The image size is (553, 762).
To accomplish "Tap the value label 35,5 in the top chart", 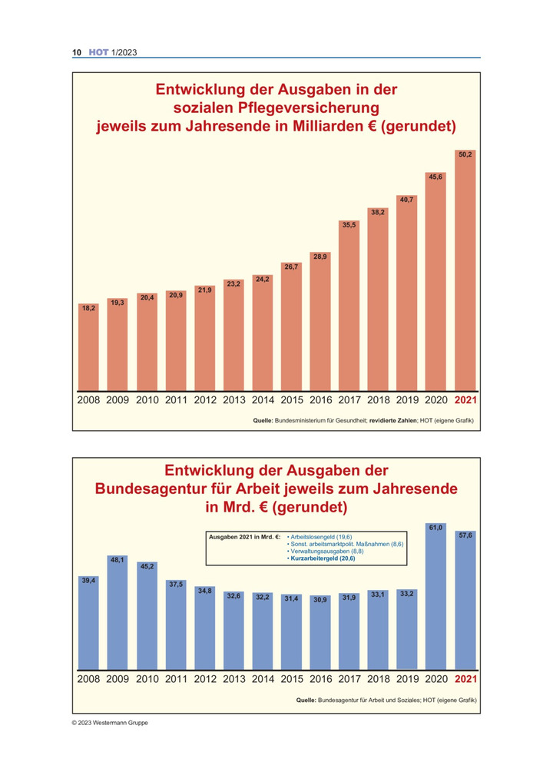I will pyautogui.click(x=349, y=225).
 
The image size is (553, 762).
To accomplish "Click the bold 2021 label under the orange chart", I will pyautogui.click(x=465, y=400).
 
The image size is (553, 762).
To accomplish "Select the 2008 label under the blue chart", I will pyautogui.click(x=88, y=679).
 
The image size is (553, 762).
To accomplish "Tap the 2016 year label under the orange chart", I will pyautogui.click(x=320, y=400).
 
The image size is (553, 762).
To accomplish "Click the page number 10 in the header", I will pyautogui.click(x=77, y=52).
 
